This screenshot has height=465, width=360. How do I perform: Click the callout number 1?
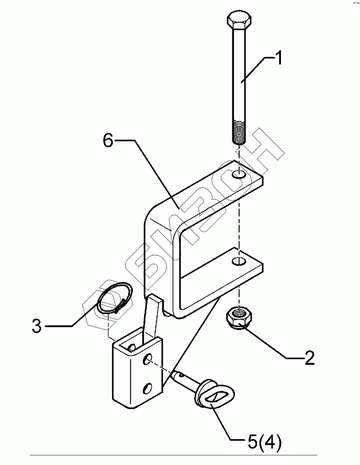click(277, 58)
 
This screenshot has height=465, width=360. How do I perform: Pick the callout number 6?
click(107, 141)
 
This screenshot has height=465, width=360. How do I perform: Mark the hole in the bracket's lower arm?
click(239, 261)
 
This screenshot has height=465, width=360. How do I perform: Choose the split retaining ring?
click(115, 300)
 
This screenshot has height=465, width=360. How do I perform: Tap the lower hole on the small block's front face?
click(148, 386)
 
